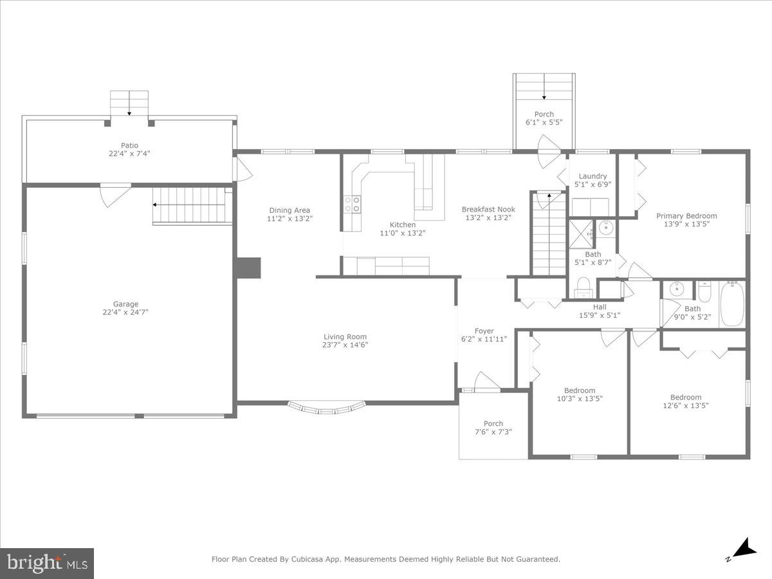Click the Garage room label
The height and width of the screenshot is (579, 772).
coord(126,304)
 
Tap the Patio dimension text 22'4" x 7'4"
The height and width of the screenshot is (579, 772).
coord(129,154)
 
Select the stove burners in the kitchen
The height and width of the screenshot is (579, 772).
coord(353,205)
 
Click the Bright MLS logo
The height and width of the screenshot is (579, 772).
coord(47,564)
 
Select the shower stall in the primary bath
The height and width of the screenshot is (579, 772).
coord(582,233)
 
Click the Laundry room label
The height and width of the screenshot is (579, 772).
coord(593,176)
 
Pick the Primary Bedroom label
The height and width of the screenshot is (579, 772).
coord(686,216)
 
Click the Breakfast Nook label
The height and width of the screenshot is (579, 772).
coord(488,209)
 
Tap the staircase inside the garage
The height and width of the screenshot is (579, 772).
coord(192,205)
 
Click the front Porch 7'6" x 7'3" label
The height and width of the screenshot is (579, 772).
coord(493,423)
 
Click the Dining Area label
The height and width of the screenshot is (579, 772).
coord(289,210)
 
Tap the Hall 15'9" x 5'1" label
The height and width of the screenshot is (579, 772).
coord(600,308)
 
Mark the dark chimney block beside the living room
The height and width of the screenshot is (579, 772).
coord(248,268)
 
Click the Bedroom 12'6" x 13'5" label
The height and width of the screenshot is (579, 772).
coord(686,398)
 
